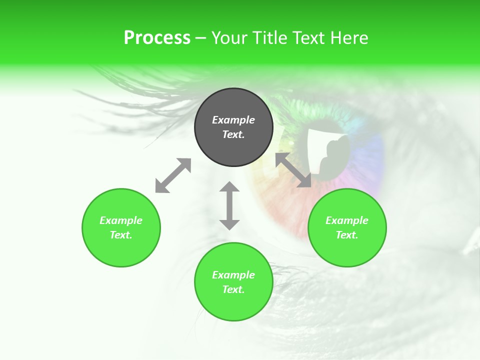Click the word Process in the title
[157, 38]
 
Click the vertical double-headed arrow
[229, 205]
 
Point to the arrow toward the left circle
[173, 175]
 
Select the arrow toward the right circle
[293, 170]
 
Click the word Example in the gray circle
[233, 120]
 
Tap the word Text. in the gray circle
[233, 134]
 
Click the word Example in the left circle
[121, 220]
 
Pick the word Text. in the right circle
[347, 235]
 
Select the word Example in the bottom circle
[233, 275]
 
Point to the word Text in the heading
[309, 38]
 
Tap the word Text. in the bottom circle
[233, 289]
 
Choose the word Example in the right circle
[347, 220]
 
